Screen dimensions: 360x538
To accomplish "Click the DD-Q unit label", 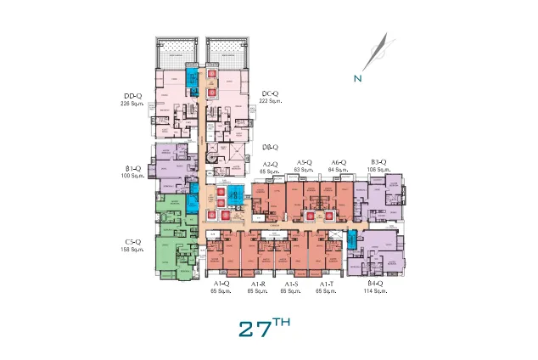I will [x=132, y=95].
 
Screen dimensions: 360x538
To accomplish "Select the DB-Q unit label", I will [x=272, y=146].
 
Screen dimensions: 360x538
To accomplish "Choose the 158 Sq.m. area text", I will [x=132, y=250].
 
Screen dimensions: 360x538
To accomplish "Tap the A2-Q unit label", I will [x=270, y=164].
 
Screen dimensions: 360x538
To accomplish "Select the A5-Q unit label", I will [x=304, y=162].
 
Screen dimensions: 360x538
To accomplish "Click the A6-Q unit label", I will [x=339, y=162].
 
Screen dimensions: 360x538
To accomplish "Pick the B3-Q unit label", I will [x=378, y=162].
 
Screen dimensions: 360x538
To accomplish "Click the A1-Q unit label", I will [x=221, y=284].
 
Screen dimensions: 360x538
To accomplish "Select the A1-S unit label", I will [x=291, y=284].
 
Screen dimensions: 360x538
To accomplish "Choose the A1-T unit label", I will [x=326, y=284].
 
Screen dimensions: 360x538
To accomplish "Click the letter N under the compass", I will [x=359, y=80].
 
